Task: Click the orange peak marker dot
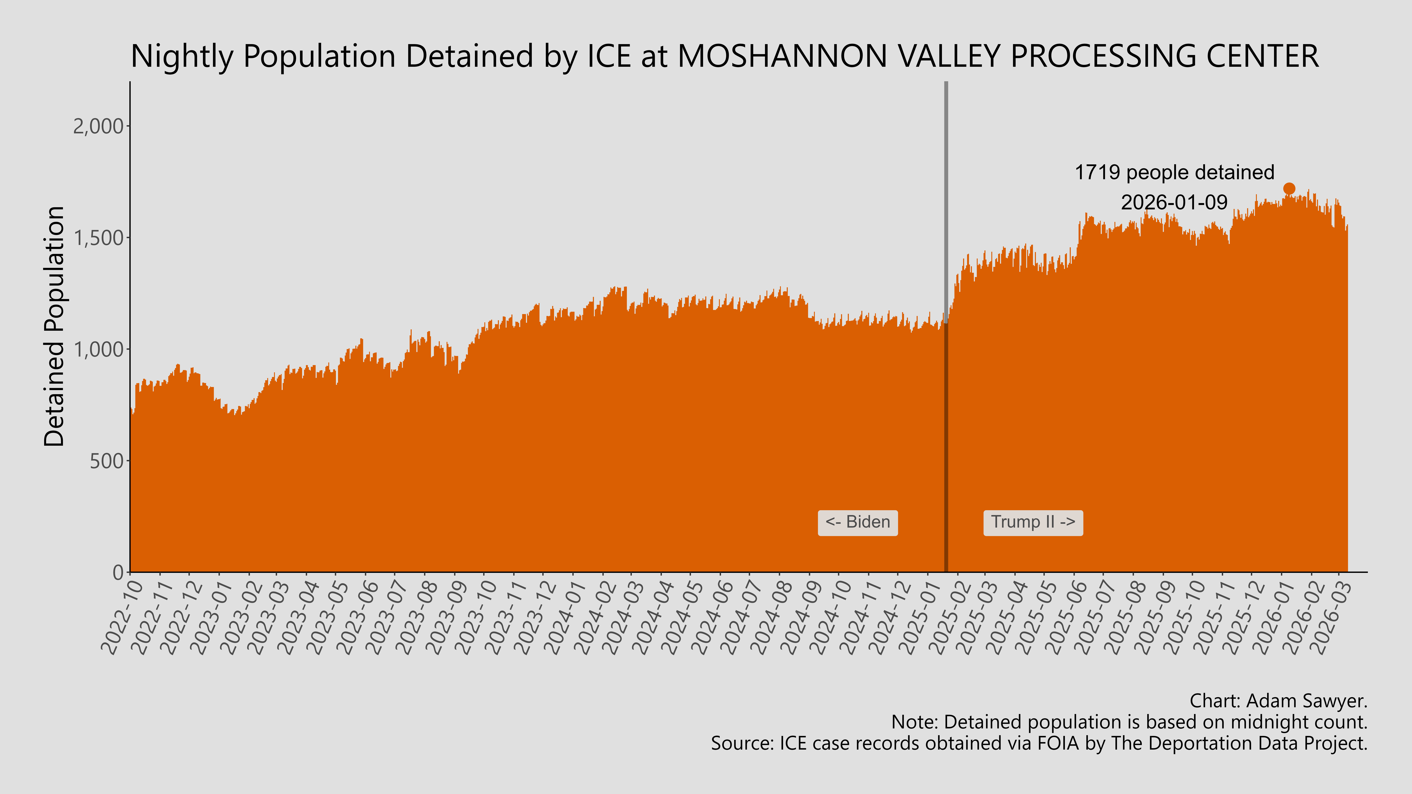[1289, 189]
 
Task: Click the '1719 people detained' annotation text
[1174, 173]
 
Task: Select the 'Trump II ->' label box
[1033, 522]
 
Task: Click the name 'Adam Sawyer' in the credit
[1305, 701]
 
